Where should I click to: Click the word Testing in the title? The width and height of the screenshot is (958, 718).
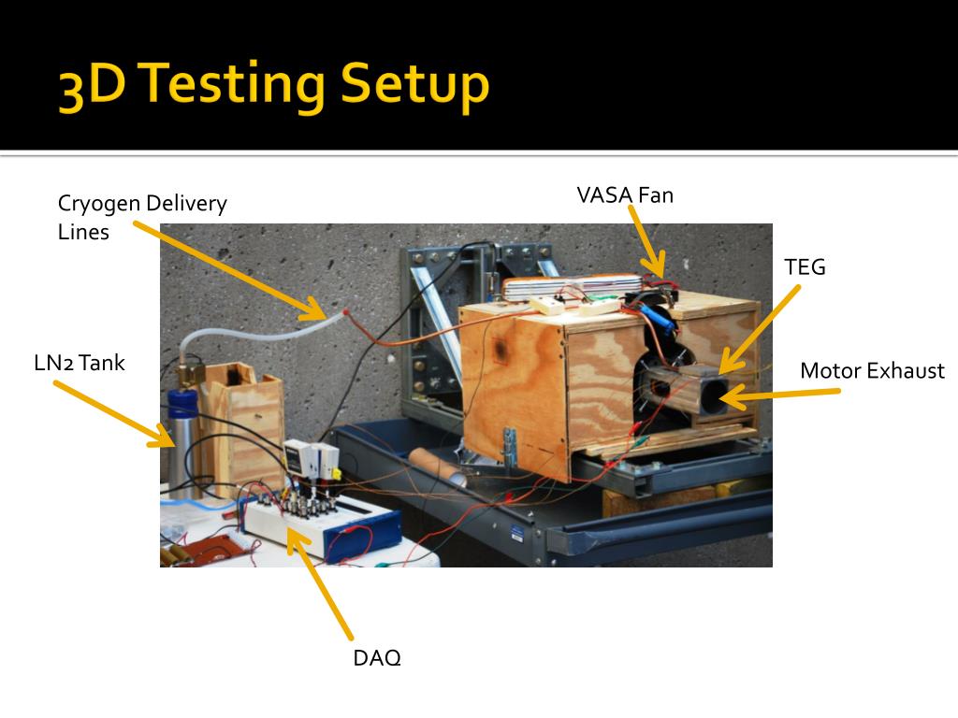pyautogui.click(x=233, y=86)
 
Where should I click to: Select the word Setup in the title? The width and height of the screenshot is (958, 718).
pyautogui.click(x=414, y=86)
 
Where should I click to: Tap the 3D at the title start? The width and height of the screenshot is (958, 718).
pyautogui.click(x=92, y=86)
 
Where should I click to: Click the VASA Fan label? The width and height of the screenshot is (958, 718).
pyautogui.click(x=625, y=194)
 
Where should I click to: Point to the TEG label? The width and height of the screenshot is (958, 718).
pyautogui.click(x=805, y=266)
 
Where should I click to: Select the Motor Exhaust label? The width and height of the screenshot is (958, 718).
pyautogui.click(x=873, y=370)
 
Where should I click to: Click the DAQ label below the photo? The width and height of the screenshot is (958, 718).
pyautogui.click(x=377, y=657)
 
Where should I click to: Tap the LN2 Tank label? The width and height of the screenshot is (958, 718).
pyautogui.click(x=80, y=363)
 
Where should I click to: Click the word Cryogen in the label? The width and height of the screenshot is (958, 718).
pyautogui.click(x=99, y=203)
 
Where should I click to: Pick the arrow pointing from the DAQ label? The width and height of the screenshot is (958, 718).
pyautogui.click(x=319, y=583)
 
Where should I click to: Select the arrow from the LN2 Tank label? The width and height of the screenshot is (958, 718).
pyautogui.click(x=114, y=414)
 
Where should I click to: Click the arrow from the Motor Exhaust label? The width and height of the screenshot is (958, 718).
pyautogui.click(x=780, y=395)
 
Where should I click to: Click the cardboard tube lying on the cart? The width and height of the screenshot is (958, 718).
pyautogui.click(x=438, y=466)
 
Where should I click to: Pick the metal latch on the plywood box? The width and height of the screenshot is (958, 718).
pyautogui.click(x=509, y=446)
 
